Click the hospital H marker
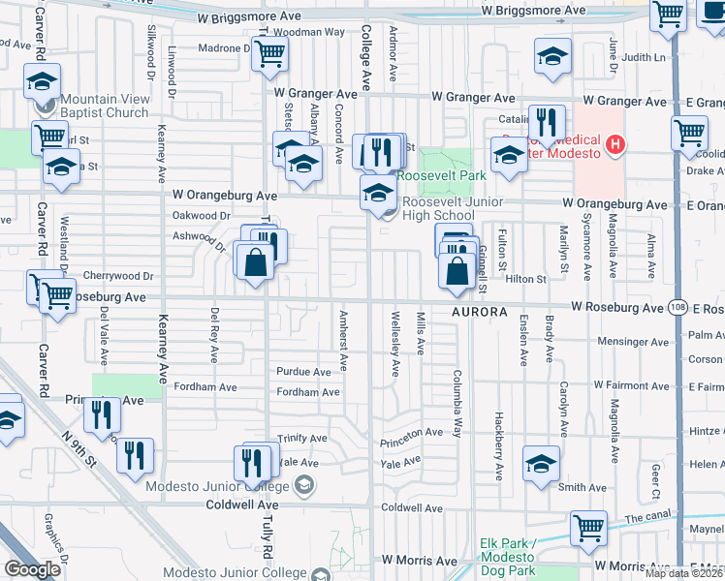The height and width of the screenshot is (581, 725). coord(613,146)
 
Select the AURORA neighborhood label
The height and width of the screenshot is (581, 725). coord(479,312)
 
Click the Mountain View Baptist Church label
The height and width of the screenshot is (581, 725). coord(104,106)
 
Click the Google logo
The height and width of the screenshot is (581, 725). coord(32,568)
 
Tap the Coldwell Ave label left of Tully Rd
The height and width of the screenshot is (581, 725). coord(241,505)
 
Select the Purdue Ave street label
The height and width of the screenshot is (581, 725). coord(304,372)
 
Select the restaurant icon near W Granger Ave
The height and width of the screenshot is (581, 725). coord(546,121)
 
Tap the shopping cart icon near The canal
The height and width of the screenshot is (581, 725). coord(588,528)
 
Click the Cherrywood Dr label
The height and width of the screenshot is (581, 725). coord(118,276)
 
